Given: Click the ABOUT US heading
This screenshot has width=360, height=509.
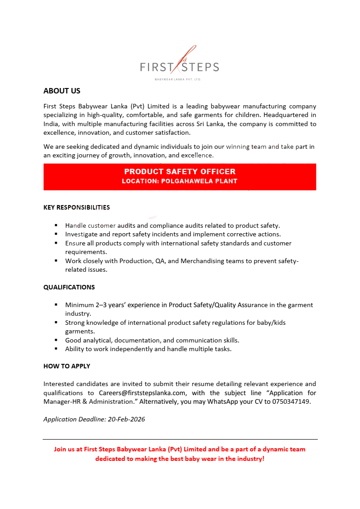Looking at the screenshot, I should (62, 91).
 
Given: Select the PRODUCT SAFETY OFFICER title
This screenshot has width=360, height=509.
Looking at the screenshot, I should (180, 171).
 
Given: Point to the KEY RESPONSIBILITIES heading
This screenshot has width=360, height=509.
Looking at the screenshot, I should (77, 208).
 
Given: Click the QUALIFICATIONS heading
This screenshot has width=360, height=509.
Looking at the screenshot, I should (69, 287).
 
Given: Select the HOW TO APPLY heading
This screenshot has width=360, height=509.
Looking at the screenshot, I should (67, 366).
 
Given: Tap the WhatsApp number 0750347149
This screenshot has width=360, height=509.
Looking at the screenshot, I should (291, 401).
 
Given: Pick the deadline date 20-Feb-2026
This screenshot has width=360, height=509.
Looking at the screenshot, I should (127, 419).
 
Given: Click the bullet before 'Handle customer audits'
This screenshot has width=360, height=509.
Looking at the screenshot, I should (56, 225).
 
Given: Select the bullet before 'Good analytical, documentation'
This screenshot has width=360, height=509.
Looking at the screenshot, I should (56, 340).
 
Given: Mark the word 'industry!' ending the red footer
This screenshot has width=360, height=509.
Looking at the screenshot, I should (249, 459).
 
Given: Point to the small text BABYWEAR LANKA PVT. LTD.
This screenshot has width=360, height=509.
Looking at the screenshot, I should (178, 79).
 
